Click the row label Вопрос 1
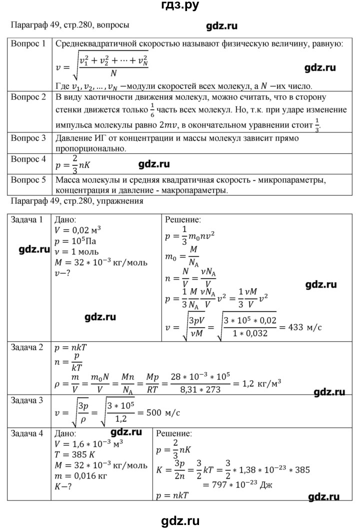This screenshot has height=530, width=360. pos(28,44)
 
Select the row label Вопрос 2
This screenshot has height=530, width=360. pos(28,96)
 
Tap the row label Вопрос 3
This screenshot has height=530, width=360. pos(28,138)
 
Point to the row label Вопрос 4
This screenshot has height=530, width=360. pos(28,160)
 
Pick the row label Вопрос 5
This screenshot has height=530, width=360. pos(28,180)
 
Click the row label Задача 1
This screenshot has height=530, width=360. pos(29,220)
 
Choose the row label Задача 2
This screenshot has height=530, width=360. pos(29,348)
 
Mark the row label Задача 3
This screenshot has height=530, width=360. pos(29,400)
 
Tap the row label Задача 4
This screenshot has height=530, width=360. pos(29,434)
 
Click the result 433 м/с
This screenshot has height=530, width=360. pos(303,327)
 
